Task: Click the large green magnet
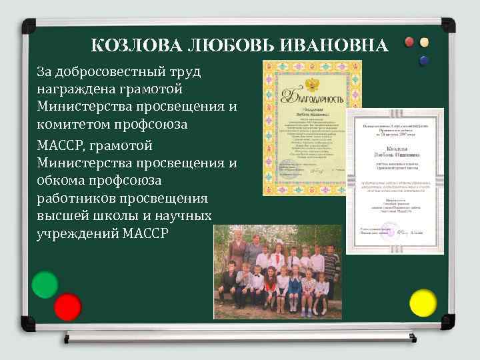45,285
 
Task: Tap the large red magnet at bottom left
67,307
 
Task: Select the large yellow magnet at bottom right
422,303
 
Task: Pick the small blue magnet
423,60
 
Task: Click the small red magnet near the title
409,42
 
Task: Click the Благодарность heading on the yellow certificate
313,99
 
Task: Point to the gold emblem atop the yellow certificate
311,83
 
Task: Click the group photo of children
277,273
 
